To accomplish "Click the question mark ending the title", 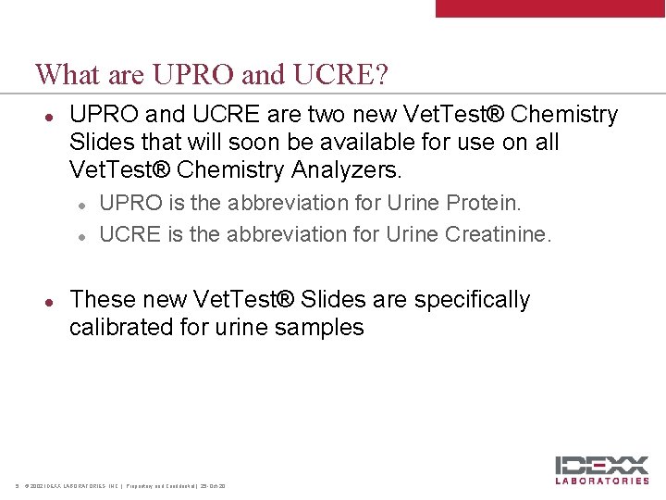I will pos(381,74).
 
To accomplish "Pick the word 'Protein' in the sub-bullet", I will pos(487,203).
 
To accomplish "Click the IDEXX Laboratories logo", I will pos(603,470).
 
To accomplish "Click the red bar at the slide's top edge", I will pos(550,8).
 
